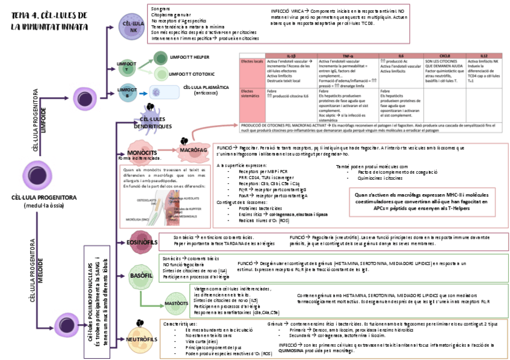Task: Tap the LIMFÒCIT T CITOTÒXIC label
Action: pos(192,74)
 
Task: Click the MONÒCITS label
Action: pos(142,153)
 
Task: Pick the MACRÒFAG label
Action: pos(193,148)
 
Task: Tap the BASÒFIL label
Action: pos(141,275)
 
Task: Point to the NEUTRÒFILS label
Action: pos(143,340)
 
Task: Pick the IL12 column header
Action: pos(484,55)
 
